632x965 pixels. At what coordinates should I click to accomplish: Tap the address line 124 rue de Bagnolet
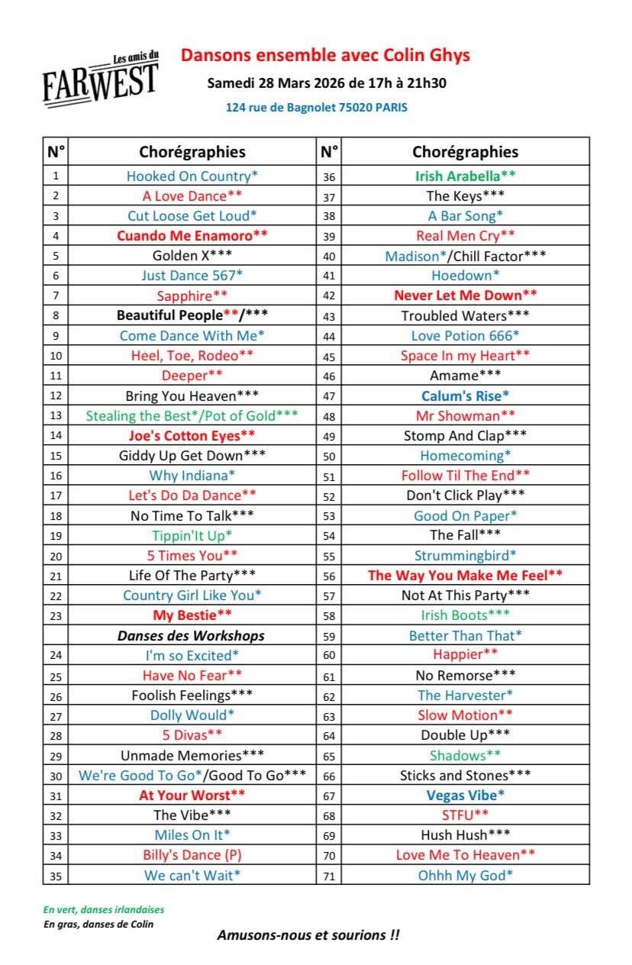[316, 108]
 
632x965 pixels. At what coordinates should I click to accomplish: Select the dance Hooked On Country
[192, 176]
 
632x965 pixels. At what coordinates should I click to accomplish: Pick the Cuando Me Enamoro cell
[192, 235]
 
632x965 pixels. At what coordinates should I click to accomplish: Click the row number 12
[56, 395]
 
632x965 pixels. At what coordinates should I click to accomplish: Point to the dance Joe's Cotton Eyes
[192, 435]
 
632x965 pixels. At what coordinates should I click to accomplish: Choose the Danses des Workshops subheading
[191, 635]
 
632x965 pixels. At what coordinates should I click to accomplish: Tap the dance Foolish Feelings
[192, 695]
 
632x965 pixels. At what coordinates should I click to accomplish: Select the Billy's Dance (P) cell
[192, 855]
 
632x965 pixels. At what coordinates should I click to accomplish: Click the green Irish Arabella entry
[465, 176]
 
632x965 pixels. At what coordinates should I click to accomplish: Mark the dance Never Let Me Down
[465, 295]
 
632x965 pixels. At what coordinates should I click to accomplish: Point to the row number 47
[329, 395]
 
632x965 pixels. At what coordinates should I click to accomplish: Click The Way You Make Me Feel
[465, 575]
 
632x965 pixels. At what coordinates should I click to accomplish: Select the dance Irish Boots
[465, 615]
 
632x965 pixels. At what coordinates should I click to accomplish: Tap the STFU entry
[465, 815]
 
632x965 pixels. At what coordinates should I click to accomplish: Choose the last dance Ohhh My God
[465, 875]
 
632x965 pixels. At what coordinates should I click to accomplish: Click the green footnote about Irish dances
[104, 909]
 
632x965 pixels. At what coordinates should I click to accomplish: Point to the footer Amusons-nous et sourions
[308, 935]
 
